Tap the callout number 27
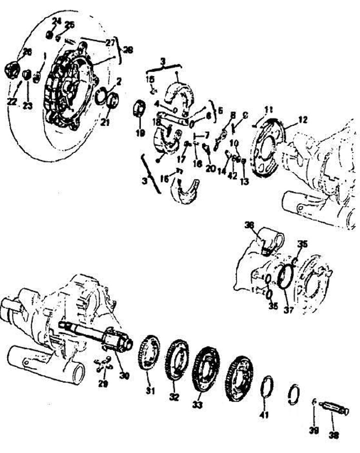click(109, 43)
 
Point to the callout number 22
click(11, 101)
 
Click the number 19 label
click(139, 133)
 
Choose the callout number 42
click(232, 175)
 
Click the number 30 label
click(124, 374)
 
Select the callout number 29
click(103, 383)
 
